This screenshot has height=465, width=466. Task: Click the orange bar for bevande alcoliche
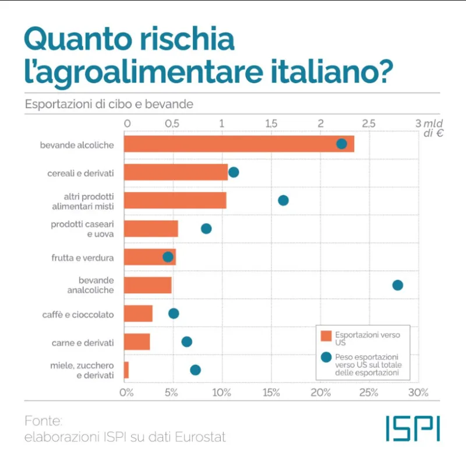pos(239,144)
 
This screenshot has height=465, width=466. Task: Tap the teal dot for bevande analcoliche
pos(397,285)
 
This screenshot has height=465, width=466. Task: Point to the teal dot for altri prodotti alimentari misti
pos(283,200)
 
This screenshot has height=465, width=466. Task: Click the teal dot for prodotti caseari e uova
pos(206,229)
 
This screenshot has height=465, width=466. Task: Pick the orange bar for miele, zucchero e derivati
pos(126,370)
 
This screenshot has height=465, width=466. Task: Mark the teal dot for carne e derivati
pos(186,342)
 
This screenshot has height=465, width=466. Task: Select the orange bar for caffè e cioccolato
pos(139,314)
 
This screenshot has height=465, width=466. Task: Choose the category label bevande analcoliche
pos(92,285)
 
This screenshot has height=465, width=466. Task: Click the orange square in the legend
pos(326,336)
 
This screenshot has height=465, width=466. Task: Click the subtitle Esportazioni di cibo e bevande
pos(109,105)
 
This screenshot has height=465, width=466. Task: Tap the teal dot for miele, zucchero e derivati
pos(195,370)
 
